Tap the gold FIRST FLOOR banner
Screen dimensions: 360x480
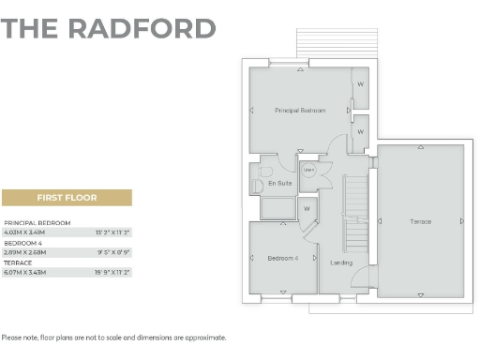[x=67, y=198]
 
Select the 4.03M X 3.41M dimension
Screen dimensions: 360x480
[x=25, y=231]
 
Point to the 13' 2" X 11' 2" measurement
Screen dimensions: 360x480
[x=112, y=231]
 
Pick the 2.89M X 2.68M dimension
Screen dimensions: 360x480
[x=25, y=251]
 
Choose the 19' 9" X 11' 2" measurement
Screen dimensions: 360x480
[x=112, y=272]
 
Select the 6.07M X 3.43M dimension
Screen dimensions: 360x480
[x=25, y=272]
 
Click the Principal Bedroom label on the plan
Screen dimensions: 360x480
[x=300, y=111]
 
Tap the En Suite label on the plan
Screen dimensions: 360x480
[x=279, y=183]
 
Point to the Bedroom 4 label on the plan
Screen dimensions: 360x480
[x=282, y=258]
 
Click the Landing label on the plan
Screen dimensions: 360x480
[x=342, y=262]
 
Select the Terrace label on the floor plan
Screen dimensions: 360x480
[x=420, y=221]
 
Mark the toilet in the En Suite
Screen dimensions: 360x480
[x=258, y=183]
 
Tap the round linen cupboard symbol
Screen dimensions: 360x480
[x=307, y=170]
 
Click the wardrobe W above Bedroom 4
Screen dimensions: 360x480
[x=307, y=209]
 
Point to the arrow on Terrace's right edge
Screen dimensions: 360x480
[x=462, y=221]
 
